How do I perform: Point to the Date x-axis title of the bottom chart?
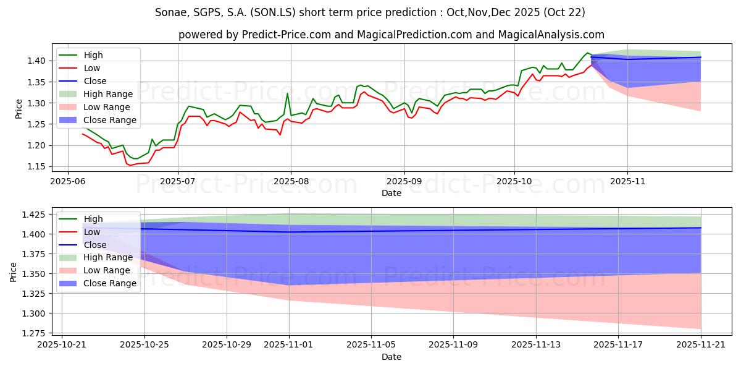(391, 357)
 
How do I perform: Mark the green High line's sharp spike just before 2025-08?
(287, 93)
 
